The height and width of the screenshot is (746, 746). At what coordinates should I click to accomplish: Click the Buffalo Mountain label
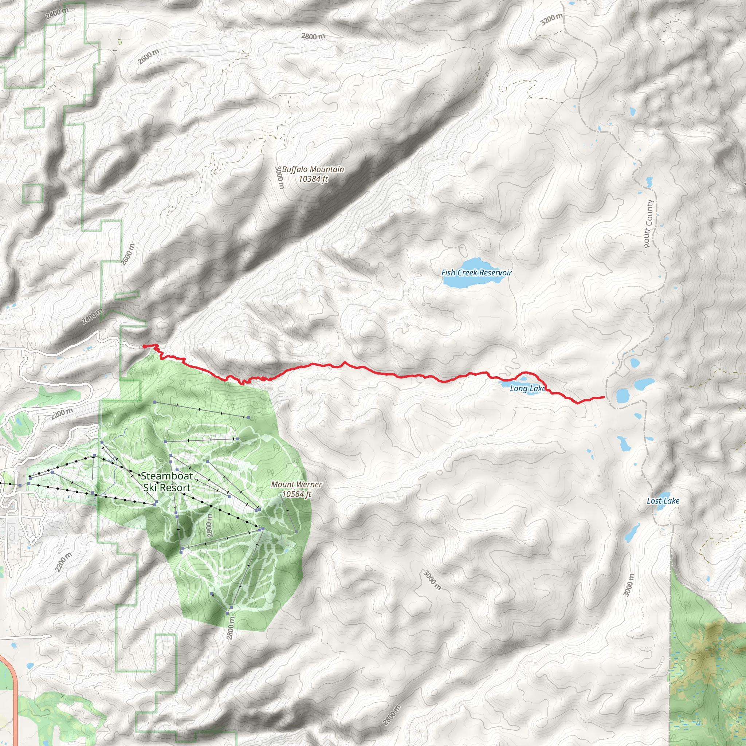(x=313, y=169)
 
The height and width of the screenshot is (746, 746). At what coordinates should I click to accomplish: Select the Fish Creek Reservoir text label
(x=476, y=272)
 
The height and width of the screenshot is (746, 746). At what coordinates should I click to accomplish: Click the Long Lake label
(x=527, y=388)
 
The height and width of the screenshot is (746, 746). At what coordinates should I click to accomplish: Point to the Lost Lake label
(x=663, y=501)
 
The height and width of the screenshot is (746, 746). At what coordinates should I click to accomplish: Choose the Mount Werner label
(x=296, y=484)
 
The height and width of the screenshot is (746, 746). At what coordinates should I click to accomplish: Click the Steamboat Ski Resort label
(x=166, y=482)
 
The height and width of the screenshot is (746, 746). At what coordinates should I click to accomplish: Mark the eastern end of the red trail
(x=604, y=397)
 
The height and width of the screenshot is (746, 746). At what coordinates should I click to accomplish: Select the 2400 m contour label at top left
(x=57, y=13)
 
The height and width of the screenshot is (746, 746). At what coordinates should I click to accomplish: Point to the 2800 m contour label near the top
(x=313, y=36)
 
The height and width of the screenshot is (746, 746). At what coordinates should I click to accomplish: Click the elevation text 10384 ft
(x=313, y=179)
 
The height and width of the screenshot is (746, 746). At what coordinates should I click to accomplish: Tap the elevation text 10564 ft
(x=296, y=494)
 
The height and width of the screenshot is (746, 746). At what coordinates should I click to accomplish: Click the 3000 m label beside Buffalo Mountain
(x=280, y=178)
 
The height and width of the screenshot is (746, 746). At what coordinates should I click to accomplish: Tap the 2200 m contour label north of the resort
(x=63, y=413)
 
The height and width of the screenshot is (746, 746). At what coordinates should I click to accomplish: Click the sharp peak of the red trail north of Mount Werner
(x=345, y=362)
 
